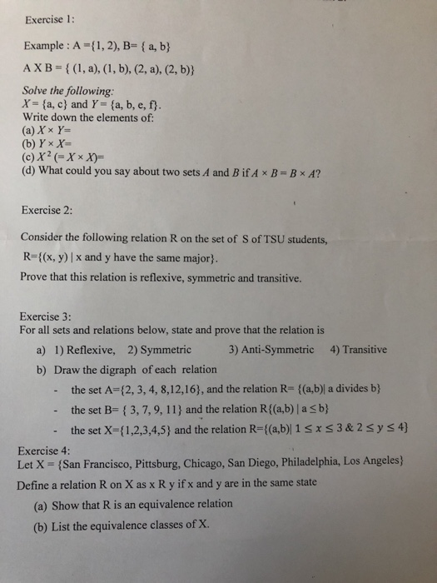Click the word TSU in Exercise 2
pyautogui.click(x=266, y=240)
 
